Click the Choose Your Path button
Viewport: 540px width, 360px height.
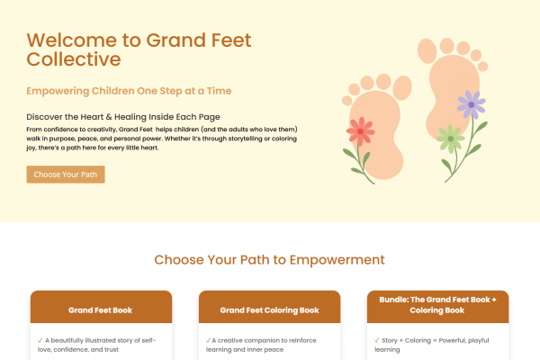tap(66, 174)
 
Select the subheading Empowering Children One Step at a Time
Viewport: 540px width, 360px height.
tap(129, 91)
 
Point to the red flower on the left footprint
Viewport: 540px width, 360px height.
tap(360, 133)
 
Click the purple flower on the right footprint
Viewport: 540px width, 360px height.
tap(470, 105)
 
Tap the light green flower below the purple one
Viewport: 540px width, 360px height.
tap(449, 139)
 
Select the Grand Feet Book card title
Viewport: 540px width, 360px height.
tap(100, 310)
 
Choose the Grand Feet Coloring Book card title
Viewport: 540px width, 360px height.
tap(269, 310)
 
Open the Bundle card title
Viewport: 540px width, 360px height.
tap(438, 303)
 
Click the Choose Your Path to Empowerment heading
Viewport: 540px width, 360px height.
tap(269, 260)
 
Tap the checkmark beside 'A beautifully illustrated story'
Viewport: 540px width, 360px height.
tap(40, 341)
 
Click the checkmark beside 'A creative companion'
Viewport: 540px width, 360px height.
tap(209, 341)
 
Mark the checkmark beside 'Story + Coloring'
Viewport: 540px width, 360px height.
tap(377, 341)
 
